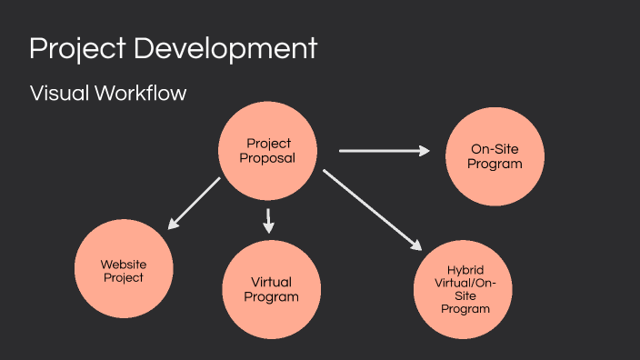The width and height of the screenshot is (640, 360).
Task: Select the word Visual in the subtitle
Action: pos(57,94)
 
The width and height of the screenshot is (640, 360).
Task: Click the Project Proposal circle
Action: pos(269,151)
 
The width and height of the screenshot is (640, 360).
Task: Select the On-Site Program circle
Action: pos(495,156)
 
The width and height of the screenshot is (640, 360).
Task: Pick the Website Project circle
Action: pos(123,270)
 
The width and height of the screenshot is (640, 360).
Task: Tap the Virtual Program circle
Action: pos(271,289)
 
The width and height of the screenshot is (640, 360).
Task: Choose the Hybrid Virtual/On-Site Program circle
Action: pos(465,290)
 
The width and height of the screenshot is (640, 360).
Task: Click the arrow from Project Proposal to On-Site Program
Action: pos(384,151)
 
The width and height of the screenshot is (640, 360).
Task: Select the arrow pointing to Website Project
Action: pos(194,203)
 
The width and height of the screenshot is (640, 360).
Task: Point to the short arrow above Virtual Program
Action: pos(268,221)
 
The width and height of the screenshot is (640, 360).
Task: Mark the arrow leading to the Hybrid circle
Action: pos(373,209)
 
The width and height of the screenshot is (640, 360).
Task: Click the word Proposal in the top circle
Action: pos(269,158)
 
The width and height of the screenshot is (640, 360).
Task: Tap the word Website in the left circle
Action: pos(123,265)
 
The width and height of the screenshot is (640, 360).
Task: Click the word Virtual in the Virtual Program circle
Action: pos(271,282)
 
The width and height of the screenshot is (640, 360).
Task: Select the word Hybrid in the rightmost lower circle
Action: pos(466,271)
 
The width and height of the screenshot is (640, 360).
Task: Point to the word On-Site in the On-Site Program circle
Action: pos(495,150)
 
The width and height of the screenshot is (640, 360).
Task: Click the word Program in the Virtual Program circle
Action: pos(271,296)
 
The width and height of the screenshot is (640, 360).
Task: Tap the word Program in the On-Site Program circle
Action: pos(495,164)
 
